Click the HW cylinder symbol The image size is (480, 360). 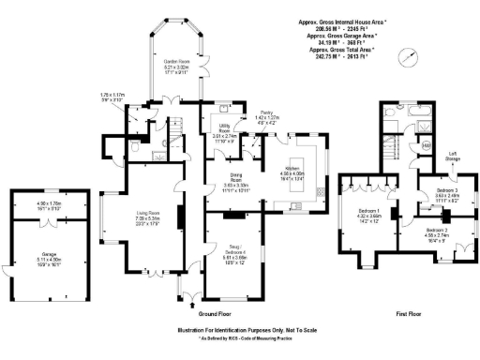426,146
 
